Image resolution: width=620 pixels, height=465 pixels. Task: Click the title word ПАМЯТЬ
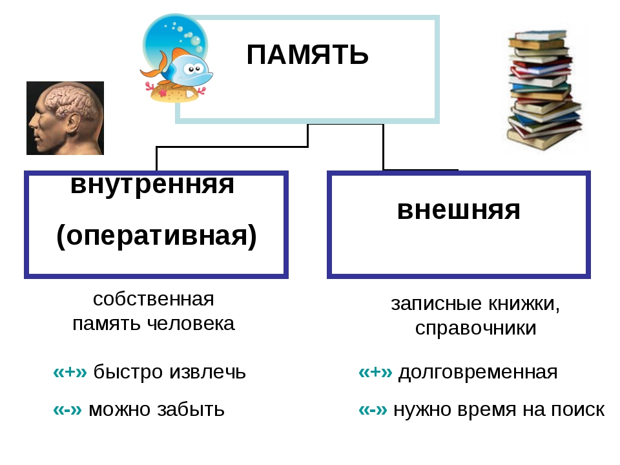[x=307, y=54]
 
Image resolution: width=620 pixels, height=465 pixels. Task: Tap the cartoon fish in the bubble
[x=180, y=67]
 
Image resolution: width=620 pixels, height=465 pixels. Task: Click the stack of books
[x=544, y=89]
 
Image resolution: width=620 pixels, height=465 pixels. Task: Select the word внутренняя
[x=152, y=184]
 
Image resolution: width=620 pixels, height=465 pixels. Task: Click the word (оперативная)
[x=156, y=236]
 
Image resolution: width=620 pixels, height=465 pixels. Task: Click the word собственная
[x=154, y=299]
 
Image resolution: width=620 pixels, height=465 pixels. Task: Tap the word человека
[x=191, y=324]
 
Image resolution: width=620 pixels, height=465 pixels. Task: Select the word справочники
[x=476, y=328]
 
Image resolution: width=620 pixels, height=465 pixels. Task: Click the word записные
[x=437, y=304]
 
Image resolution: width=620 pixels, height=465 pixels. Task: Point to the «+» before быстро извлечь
[x=70, y=372]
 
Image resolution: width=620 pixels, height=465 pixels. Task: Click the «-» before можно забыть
[x=67, y=409]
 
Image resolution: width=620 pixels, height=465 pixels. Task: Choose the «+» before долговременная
[x=375, y=372]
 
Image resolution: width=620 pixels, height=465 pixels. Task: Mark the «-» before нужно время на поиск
[x=373, y=409]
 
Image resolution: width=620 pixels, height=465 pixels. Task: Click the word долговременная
[x=478, y=373]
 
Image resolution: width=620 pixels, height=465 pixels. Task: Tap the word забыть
[x=191, y=409]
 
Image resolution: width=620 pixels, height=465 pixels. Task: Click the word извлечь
[x=207, y=373]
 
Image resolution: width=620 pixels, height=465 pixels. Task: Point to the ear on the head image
[x=72, y=123]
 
